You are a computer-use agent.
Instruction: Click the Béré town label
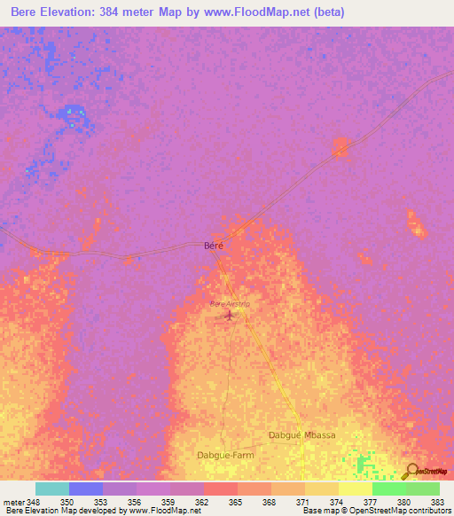(x=214, y=246)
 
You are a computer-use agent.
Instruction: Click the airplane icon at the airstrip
(x=231, y=314)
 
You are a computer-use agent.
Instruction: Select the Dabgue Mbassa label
(x=301, y=435)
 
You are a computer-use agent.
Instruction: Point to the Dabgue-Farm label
(x=224, y=455)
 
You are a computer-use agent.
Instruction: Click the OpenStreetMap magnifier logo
(x=411, y=472)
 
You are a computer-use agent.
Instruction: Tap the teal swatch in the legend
(x=52, y=489)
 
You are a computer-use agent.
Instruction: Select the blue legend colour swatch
(x=86, y=489)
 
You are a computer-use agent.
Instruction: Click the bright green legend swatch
(x=389, y=489)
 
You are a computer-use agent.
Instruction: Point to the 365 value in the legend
(x=235, y=502)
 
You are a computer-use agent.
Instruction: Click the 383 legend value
(x=437, y=502)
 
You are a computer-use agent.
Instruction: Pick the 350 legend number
(x=67, y=502)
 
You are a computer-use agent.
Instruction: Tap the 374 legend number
(x=336, y=502)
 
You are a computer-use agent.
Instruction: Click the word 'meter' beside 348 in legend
(x=14, y=502)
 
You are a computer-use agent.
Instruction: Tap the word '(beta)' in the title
(x=328, y=12)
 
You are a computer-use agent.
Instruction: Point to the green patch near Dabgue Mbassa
(x=360, y=462)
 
